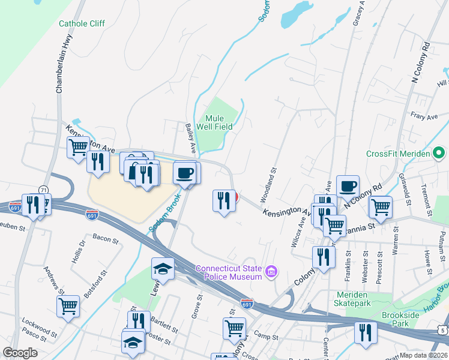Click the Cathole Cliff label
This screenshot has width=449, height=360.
(82, 24)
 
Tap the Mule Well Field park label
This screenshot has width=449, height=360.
(218, 122)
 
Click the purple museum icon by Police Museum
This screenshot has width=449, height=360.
(271, 272)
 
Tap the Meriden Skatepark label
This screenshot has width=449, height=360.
(357, 299)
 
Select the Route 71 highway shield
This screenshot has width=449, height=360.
(43, 190)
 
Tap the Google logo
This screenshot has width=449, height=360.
(20, 352)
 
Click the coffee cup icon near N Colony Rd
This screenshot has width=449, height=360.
(348, 186)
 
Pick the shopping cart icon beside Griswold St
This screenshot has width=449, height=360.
(380, 207)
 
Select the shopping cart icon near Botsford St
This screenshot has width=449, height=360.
(68, 305)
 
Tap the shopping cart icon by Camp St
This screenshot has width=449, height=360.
(234, 328)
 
